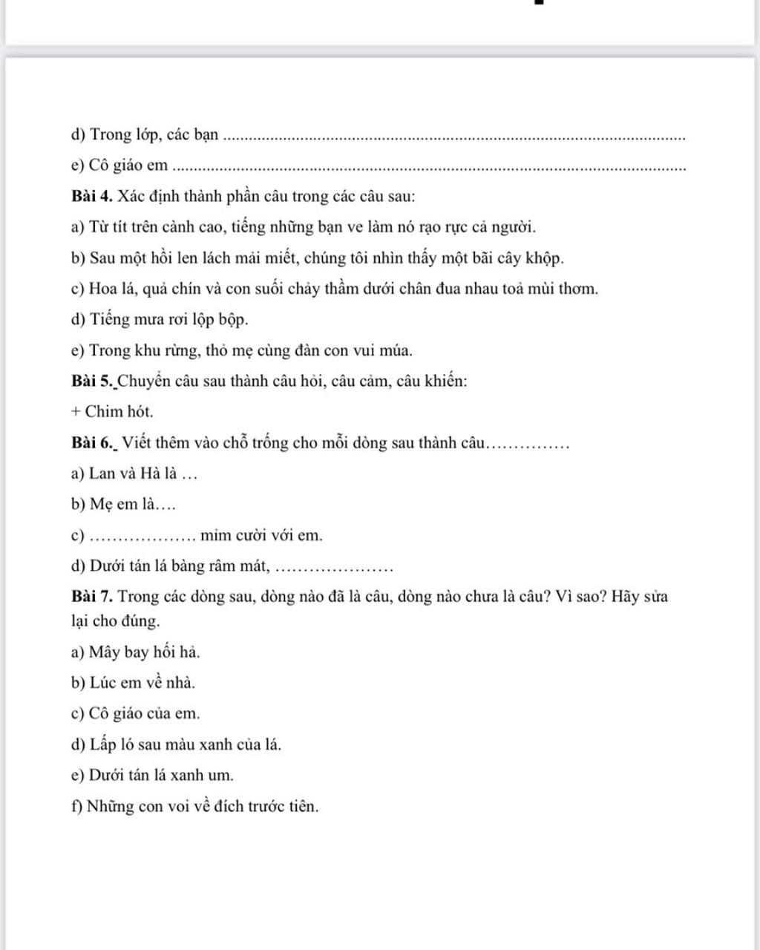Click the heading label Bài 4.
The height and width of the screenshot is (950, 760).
point(92,197)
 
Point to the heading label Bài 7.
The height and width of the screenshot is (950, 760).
point(92,596)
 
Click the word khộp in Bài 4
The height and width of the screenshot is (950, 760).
point(545,258)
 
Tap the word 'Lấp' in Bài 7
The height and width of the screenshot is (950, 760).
point(102,744)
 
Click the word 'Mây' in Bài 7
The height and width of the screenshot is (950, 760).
point(105,652)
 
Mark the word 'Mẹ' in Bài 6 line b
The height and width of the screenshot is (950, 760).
point(102,505)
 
